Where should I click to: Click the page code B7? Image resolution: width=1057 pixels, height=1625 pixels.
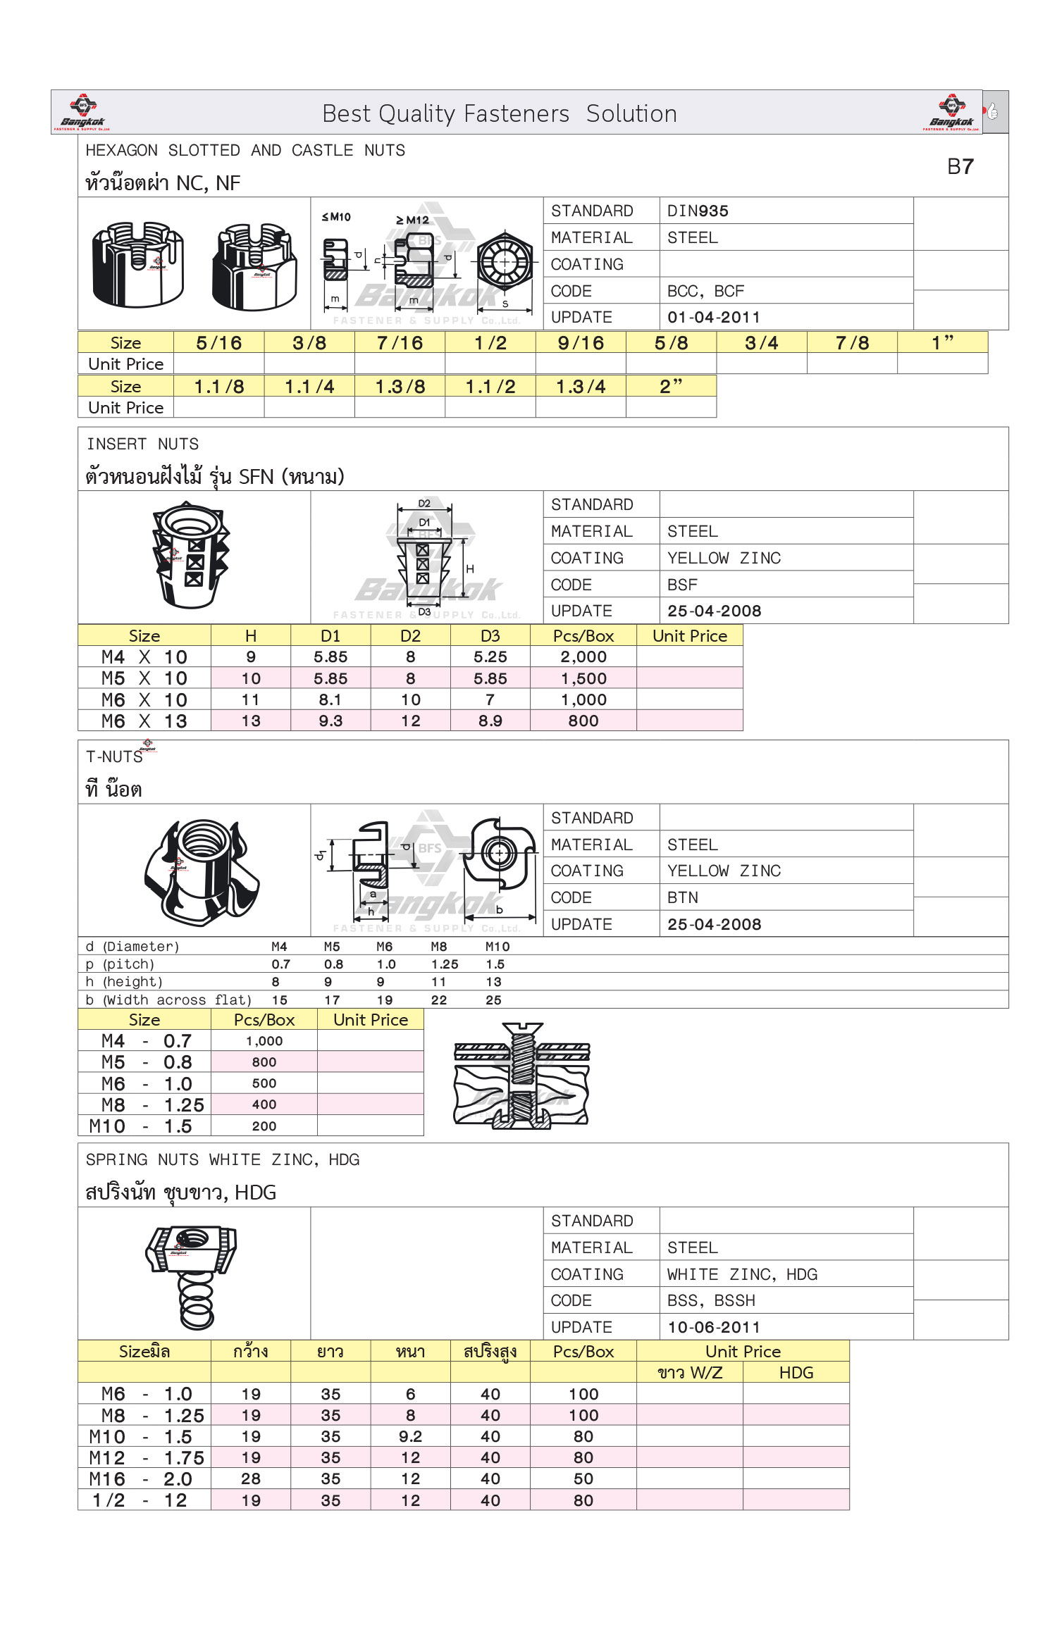coord(960,167)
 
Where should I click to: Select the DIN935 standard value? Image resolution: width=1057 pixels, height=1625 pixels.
coord(698,211)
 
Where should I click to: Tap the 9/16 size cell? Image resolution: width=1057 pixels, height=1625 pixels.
coord(581,343)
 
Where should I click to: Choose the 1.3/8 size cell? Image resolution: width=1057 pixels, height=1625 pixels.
coord(400,387)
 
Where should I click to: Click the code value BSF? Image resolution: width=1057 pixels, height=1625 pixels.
coord(682,585)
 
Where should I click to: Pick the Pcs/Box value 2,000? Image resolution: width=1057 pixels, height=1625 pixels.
coord(583,657)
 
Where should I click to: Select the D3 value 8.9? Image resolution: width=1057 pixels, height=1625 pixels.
coord(490,721)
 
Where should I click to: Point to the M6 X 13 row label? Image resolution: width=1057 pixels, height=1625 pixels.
coord(144,721)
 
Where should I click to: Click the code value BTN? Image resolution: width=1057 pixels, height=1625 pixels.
coord(682,897)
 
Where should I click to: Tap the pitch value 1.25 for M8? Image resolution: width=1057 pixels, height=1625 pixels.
coord(445,964)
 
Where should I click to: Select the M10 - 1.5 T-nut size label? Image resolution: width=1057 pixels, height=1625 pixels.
coord(141,1126)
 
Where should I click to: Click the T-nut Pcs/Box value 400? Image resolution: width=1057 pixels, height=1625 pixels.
coord(264,1104)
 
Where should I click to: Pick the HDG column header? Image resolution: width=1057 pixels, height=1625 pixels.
coord(796,1372)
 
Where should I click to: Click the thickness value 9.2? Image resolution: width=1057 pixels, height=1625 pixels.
coord(410,1436)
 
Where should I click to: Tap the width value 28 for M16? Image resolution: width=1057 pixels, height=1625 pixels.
coord(251,1478)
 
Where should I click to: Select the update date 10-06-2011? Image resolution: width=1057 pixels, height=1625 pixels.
coord(713,1327)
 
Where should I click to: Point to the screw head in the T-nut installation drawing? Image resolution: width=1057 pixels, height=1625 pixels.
coord(521,1029)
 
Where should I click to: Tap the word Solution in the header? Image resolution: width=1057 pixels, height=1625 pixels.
coord(631,113)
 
